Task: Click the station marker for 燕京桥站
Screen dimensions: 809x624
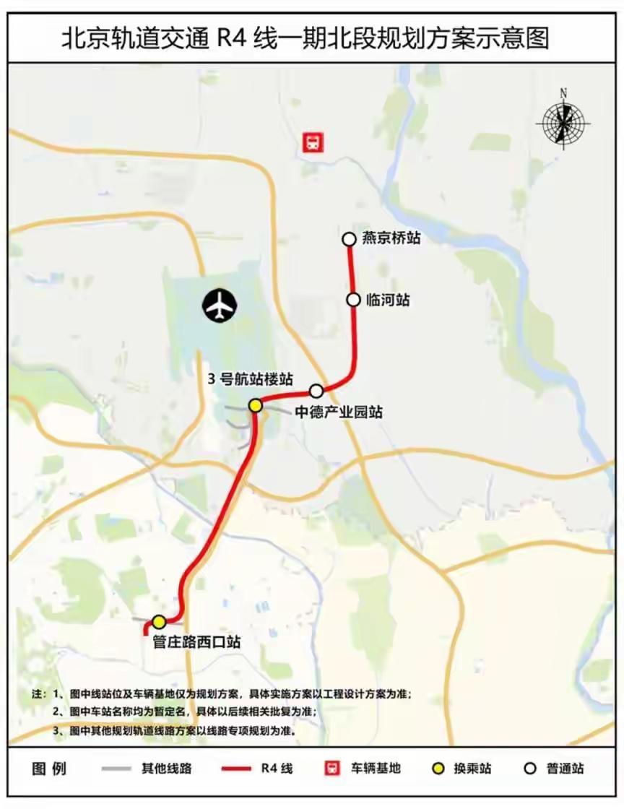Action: pyautogui.click(x=349, y=238)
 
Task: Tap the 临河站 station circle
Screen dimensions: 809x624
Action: pyautogui.click(x=353, y=299)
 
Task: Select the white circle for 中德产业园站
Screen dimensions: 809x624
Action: pyautogui.click(x=316, y=391)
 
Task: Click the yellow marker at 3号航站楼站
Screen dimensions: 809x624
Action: pyautogui.click(x=255, y=405)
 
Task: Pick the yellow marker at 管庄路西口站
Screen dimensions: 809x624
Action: pyautogui.click(x=159, y=621)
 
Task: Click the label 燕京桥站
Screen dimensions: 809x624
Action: pyautogui.click(x=391, y=238)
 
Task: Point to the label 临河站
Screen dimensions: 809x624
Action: pyautogui.click(x=388, y=299)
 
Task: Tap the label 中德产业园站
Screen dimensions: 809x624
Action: pyautogui.click(x=339, y=412)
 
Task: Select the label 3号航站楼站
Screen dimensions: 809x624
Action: pyautogui.click(x=251, y=378)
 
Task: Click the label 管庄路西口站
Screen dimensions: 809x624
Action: pyautogui.click(x=196, y=641)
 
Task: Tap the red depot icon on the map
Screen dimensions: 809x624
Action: pyautogui.click(x=313, y=142)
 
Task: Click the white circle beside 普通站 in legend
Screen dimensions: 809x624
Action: pyautogui.click(x=530, y=768)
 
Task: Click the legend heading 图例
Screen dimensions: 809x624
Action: pyautogui.click(x=49, y=768)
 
